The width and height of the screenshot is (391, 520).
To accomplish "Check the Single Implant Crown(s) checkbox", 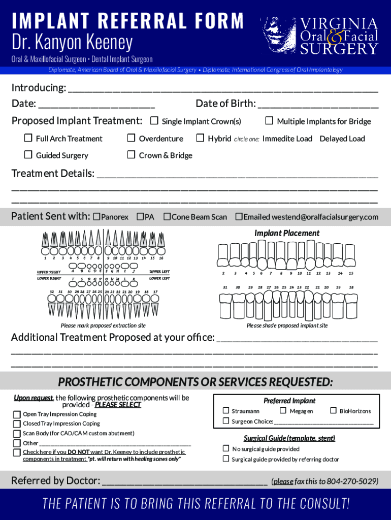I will click(154, 121).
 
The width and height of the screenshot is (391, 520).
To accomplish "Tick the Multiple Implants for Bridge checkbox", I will click(269, 121).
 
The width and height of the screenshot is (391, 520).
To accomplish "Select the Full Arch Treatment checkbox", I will click(28, 138).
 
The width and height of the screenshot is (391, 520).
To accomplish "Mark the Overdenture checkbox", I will click(131, 138).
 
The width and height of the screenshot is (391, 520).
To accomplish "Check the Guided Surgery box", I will click(28, 155).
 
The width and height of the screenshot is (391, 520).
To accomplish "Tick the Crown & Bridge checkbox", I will click(131, 155).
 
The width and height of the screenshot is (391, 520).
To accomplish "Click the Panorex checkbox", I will click(97, 217).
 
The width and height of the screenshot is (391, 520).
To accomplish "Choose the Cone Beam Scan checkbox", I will click(167, 217).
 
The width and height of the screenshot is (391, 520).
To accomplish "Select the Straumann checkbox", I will click(226, 410).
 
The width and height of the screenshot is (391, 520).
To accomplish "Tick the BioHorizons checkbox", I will click(334, 410).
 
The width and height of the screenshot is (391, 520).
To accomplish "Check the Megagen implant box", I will click(283, 410).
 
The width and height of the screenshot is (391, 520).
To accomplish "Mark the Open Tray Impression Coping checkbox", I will click(17, 414).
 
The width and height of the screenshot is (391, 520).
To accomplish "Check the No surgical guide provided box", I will click(226, 448).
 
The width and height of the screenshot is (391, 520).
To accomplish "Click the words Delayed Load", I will click(342, 139).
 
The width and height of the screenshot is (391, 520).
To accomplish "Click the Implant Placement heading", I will click(287, 233).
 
